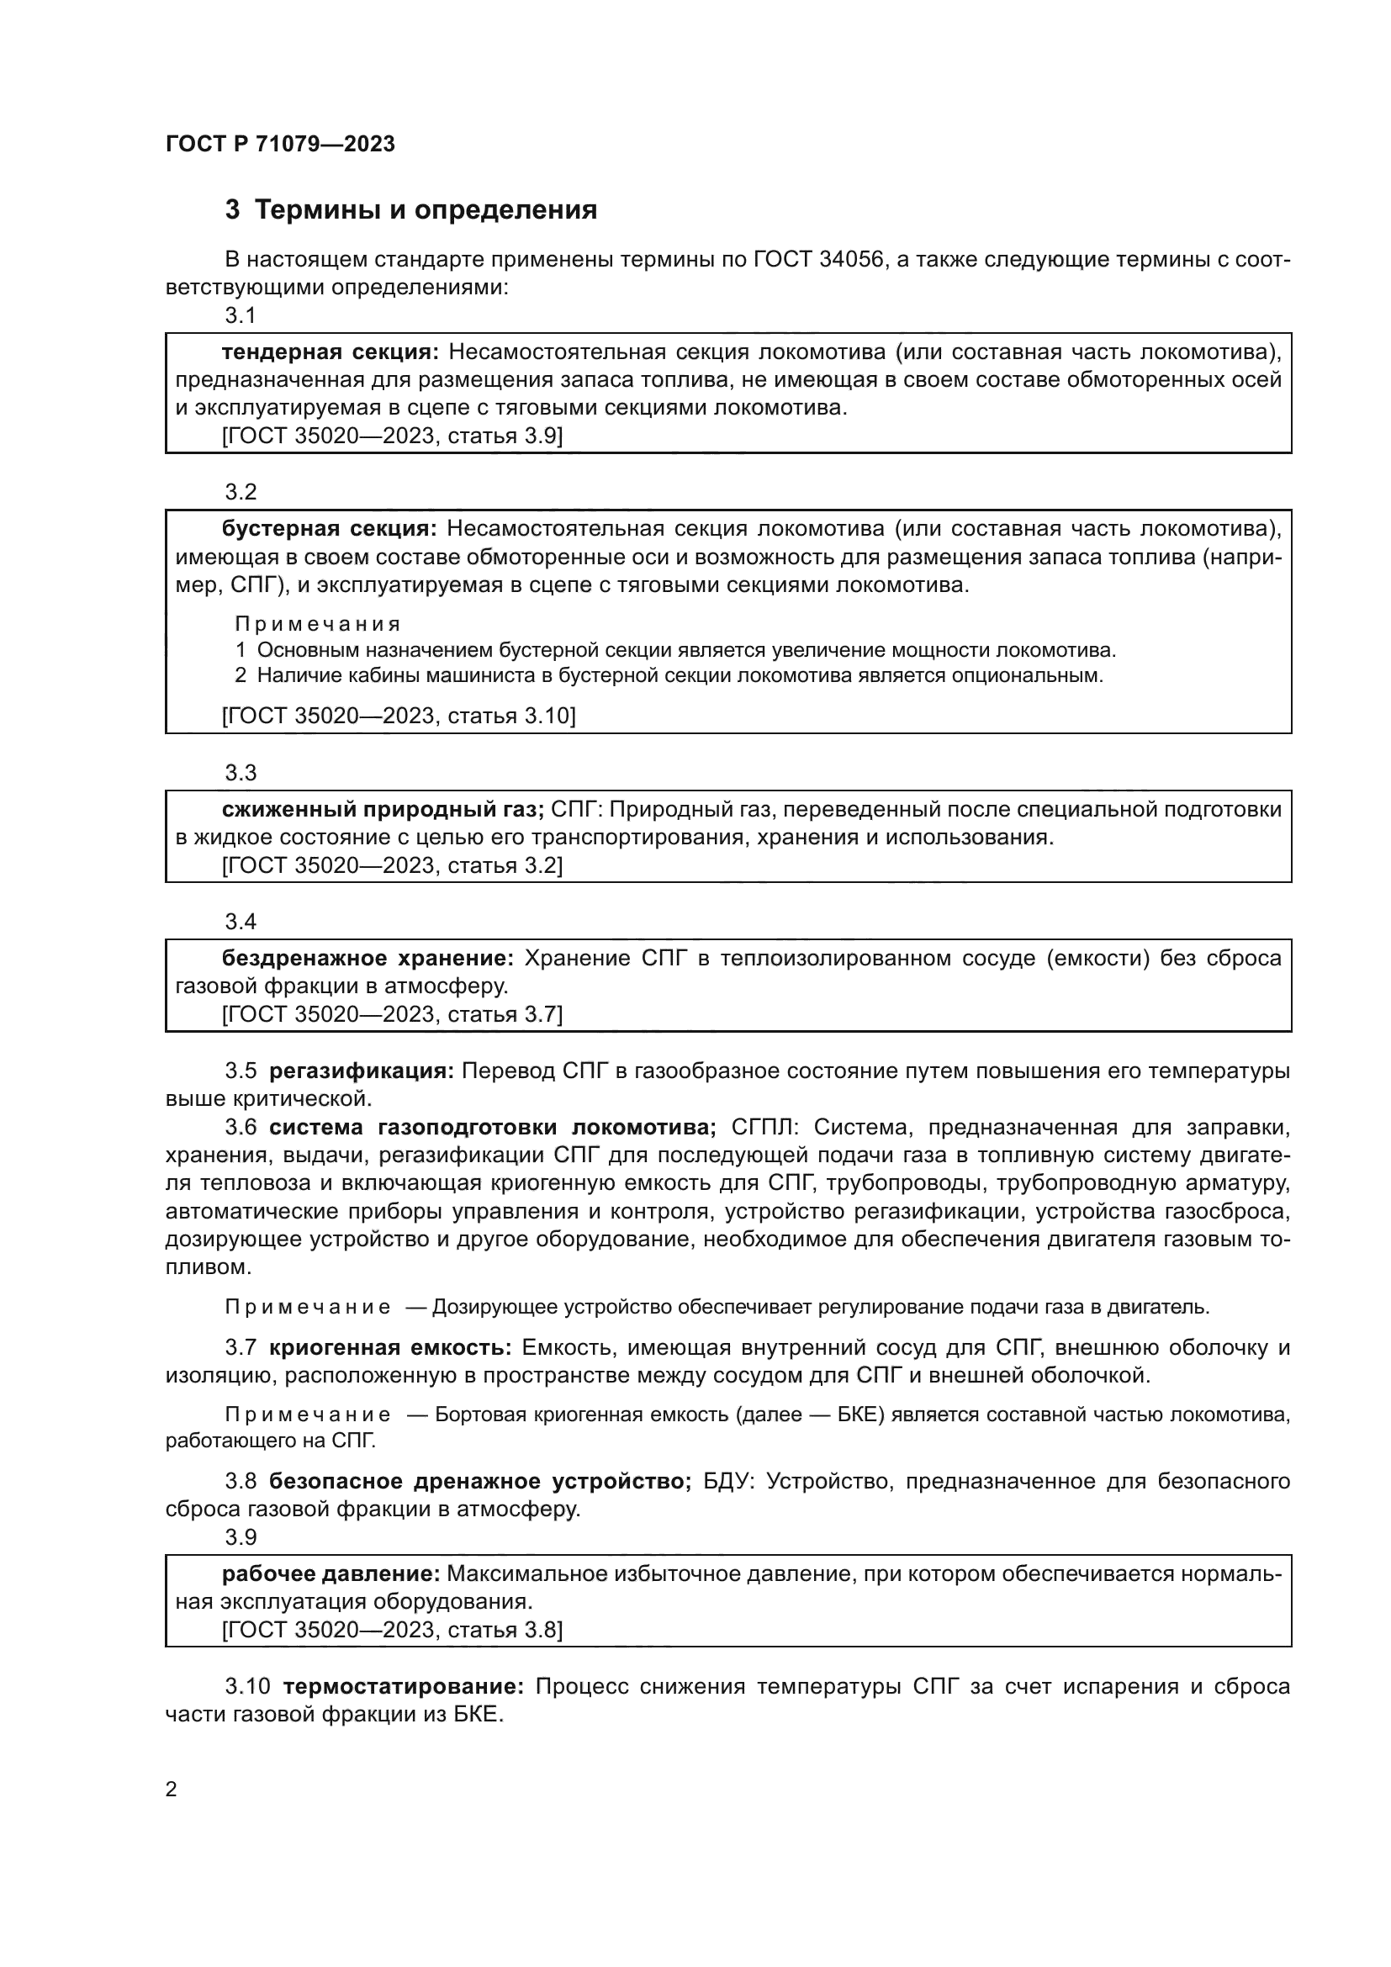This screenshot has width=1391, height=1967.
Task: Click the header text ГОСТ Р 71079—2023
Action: [280, 144]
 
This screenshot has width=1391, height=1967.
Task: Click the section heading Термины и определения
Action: [426, 210]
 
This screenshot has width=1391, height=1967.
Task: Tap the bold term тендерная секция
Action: [330, 352]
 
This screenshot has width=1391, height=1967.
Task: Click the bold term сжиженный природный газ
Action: [383, 810]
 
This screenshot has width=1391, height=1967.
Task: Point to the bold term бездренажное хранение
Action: [368, 958]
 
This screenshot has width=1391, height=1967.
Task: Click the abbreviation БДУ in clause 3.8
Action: [727, 1481]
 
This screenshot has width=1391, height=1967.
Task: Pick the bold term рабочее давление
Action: [331, 1573]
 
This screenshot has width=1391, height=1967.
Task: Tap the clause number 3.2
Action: [241, 492]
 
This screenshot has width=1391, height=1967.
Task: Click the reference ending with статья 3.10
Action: [399, 716]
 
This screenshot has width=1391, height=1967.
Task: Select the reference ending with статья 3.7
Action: [391, 1014]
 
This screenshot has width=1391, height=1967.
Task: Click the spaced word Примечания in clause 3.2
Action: [317, 624]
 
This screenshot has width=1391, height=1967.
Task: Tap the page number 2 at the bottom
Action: [172, 1790]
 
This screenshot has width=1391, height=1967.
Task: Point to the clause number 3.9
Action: [241, 1537]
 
